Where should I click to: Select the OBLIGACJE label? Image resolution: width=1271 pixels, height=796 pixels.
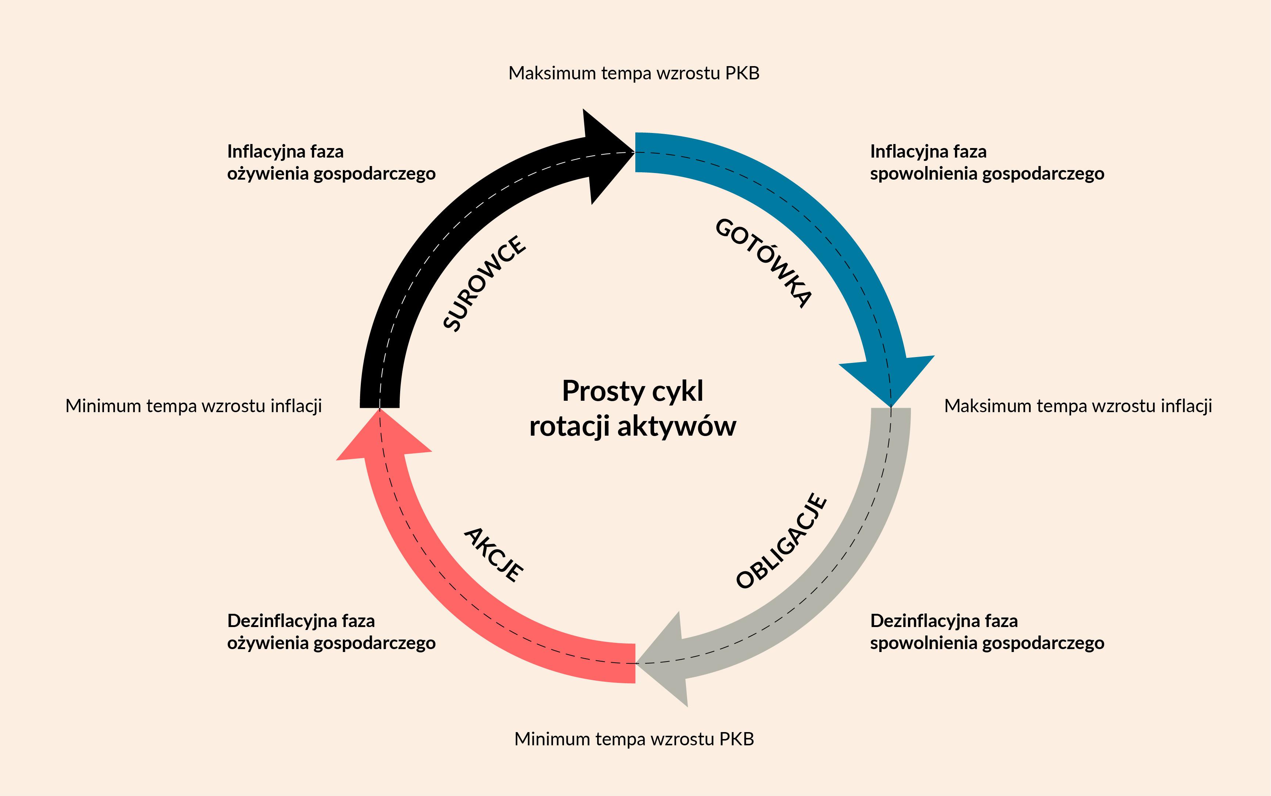pos(781,541)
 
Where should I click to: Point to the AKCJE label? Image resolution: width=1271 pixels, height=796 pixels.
pos(494,555)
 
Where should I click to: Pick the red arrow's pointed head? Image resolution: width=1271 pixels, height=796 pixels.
pos(380,410)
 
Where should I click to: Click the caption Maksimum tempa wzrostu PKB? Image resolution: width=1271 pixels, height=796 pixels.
pos(634,73)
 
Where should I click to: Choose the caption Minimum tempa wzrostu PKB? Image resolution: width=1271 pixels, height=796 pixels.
pos(634,739)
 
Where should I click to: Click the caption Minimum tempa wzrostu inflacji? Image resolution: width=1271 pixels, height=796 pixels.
pos(194,406)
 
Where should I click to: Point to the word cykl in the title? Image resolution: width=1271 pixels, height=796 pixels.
pos(678,392)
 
